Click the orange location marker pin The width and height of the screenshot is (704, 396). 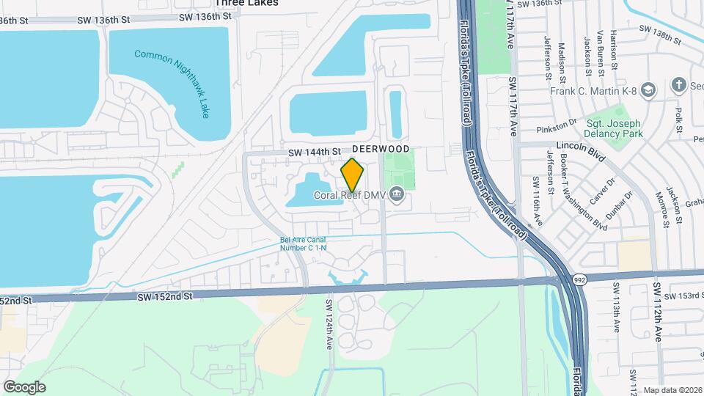[x=353, y=175]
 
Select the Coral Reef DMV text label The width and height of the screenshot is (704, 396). [x=351, y=195]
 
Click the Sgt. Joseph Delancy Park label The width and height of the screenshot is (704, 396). [x=614, y=128]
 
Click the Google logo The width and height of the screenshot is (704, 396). [x=24, y=386]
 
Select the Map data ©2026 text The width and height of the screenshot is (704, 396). [x=672, y=390]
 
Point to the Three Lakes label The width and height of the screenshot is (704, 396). [x=253, y=4]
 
